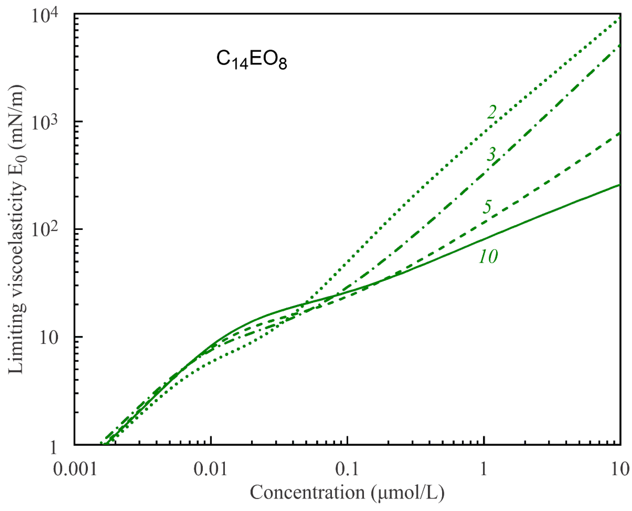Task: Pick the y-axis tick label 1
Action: click(x=53, y=447)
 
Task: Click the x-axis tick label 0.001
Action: click(x=75, y=469)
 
